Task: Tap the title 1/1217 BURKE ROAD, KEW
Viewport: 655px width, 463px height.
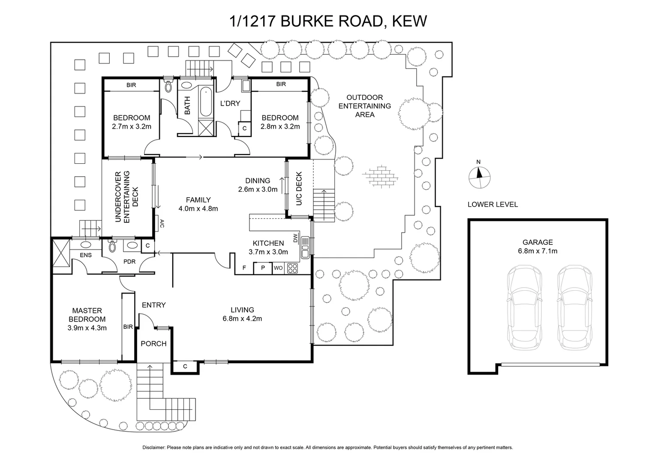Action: [328, 21]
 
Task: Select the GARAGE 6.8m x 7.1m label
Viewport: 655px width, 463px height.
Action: [538, 247]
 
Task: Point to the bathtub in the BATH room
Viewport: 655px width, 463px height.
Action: [206, 102]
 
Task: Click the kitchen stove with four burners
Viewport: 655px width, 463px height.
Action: [292, 269]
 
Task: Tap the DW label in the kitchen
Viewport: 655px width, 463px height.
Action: [295, 238]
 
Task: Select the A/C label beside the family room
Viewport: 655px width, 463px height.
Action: [162, 223]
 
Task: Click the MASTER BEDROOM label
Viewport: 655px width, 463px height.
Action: [87, 315]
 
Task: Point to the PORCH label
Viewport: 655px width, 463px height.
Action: [153, 343]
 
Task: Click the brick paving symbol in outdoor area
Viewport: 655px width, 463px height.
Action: [381, 176]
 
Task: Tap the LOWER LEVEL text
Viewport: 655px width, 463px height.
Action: [493, 204]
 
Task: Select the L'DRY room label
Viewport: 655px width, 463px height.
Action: [230, 103]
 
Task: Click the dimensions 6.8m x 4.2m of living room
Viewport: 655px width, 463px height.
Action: [242, 319]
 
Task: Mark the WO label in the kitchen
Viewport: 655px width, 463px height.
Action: [278, 269]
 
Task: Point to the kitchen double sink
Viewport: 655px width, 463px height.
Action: [305, 247]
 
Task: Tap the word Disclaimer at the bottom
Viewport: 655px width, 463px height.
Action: [153, 448]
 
